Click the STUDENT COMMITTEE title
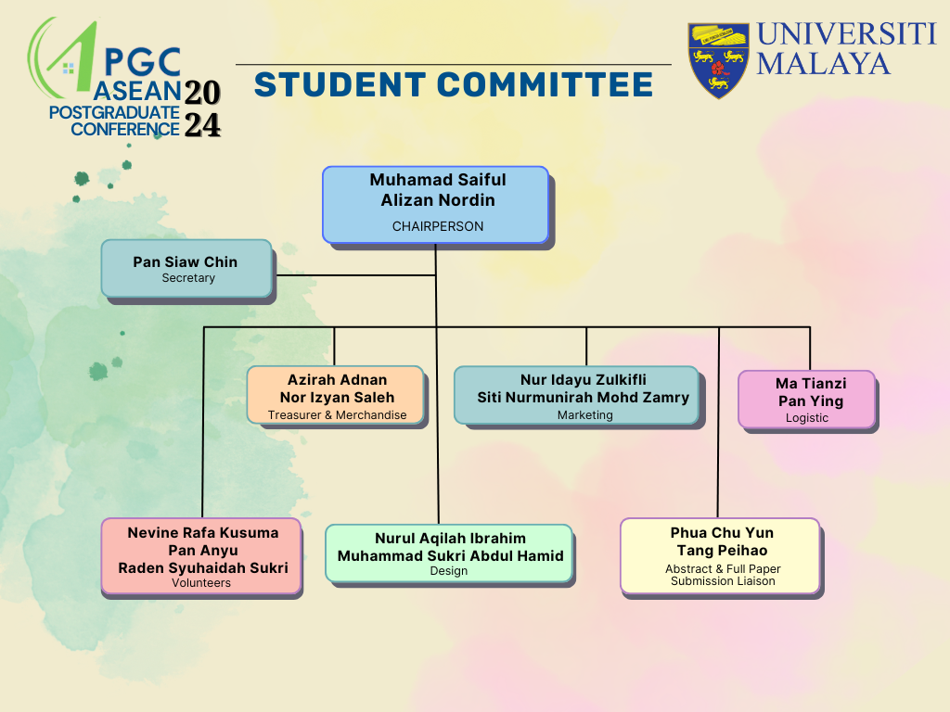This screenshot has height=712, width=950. [453, 84]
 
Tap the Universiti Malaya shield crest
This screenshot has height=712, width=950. [719, 60]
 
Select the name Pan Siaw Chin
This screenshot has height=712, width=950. [186, 261]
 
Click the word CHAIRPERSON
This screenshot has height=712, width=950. [438, 226]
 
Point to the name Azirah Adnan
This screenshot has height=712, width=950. [337, 379]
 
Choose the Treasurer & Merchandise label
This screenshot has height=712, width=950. [337, 414]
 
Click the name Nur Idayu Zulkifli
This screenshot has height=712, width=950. [583, 379]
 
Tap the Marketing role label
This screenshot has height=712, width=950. [585, 414]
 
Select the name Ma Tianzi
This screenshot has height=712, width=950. [811, 383]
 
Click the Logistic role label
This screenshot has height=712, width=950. [807, 418]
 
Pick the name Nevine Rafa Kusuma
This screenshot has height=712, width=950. [203, 533]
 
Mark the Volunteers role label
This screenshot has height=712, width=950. [201, 582]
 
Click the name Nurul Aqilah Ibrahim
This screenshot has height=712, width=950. [450, 539]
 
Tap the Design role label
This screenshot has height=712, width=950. [449, 571]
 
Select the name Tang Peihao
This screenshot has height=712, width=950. [722, 551]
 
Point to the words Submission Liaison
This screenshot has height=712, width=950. [723, 581]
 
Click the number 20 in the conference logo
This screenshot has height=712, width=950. [202, 93]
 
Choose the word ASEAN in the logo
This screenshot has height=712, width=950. [137, 91]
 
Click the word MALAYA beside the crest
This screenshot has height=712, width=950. [824, 64]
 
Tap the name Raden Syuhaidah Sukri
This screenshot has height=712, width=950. [203, 568]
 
